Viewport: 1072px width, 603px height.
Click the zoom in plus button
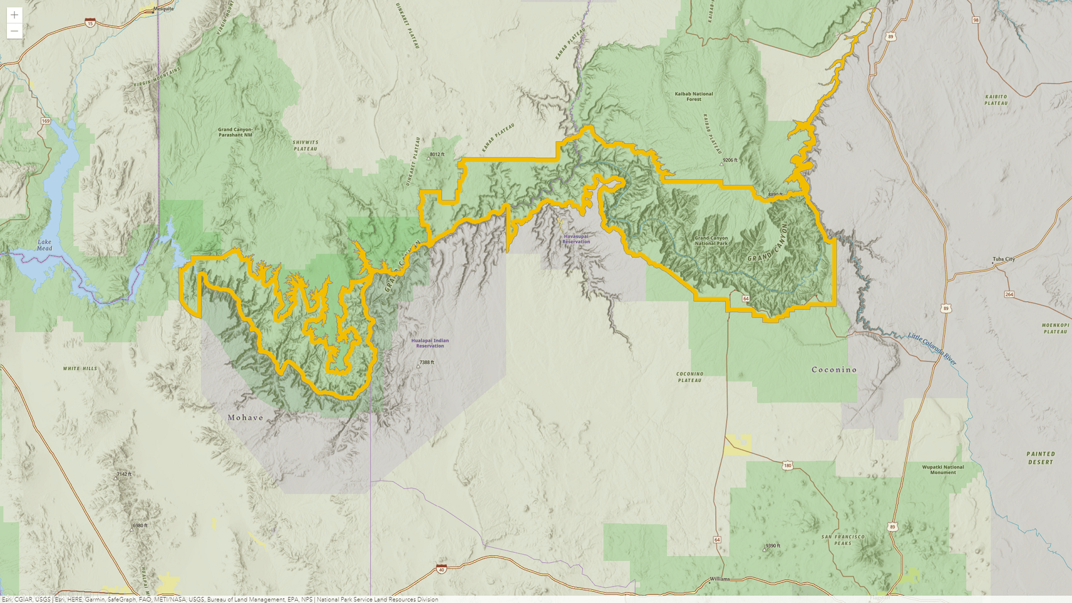click(15, 15)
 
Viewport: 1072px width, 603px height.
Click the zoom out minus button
click(15, 31)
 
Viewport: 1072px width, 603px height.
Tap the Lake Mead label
click(44, 245)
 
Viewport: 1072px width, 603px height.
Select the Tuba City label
click(1003, 259)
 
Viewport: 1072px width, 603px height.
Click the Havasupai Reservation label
click(576, 239)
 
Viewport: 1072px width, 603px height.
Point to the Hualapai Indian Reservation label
click(430, 343)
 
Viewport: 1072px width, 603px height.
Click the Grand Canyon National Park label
click(711, 241)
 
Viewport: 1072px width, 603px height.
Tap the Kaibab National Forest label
click(693, 97)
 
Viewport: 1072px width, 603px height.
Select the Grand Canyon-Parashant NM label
click(235, 132)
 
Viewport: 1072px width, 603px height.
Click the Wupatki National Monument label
click(942, 470)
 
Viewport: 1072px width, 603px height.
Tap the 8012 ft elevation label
click(437, 155)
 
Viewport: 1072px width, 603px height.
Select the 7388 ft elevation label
click(426, 362)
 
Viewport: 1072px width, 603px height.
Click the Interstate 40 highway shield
click(442, 569)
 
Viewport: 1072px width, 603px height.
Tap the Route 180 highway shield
click(787, 466)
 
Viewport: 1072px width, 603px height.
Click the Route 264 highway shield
click(1009, 294)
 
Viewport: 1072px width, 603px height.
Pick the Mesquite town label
click(164, 9)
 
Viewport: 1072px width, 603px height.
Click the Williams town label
click(720, 579)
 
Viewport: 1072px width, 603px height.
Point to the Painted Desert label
click(1041, 458)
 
